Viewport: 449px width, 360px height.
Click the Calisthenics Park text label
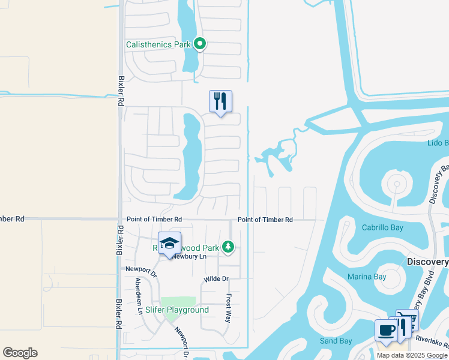pos(158,44)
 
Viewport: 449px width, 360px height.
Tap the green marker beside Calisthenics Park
pos(200,44)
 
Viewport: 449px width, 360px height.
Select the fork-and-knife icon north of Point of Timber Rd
pos(220,101)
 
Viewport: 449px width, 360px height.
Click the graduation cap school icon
pos(170,242)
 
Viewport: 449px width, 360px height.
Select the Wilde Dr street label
pos(217,279)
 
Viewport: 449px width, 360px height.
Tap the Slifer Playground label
pos(177,310)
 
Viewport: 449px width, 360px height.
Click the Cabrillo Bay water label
pos(382,227)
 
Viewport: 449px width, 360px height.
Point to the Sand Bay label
pos(336,341)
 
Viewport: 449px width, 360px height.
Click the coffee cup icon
pos(385,329)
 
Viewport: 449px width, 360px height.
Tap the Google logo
pos(20,353)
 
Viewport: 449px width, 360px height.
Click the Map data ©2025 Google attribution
pos(411,355)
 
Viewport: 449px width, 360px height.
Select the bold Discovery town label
pos(427,262)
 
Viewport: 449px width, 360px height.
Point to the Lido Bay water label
pos(438,143)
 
